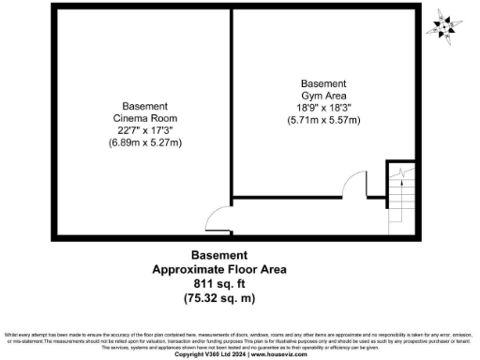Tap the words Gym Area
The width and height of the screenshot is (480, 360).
[x=323, y=96]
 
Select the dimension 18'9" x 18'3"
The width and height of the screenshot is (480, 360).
[x=323, y=108]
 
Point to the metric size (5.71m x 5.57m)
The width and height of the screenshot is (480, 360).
[x=323, y=121]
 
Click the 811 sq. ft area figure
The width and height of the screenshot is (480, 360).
[x=219, y=283]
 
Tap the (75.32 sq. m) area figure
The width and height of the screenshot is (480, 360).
[x=219, y=298]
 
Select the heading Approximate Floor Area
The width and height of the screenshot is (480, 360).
[x=219, y=269]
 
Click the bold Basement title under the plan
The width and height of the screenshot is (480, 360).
[x=219, y=255]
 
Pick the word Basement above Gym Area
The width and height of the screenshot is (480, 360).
[x=323, y=82]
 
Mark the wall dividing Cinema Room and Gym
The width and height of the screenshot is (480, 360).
[x=231, y=103]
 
